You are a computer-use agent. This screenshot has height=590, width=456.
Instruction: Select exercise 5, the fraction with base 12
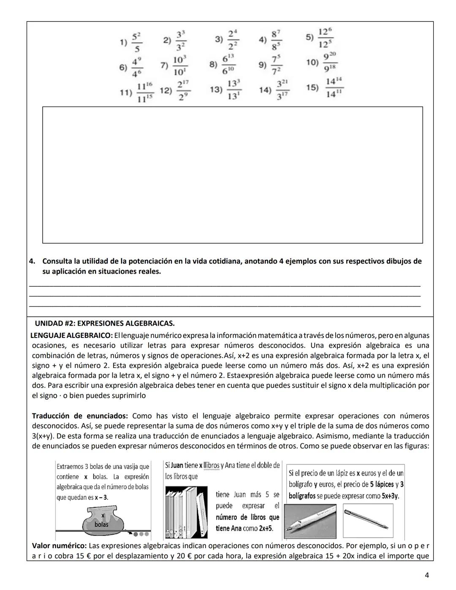[325, 38]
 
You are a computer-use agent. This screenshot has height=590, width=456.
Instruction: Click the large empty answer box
[232, 174]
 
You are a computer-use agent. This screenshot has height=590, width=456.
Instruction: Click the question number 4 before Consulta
[32, 261]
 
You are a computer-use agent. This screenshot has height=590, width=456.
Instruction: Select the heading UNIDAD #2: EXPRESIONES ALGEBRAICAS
[104, 324]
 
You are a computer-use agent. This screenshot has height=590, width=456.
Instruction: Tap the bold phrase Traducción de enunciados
[80, 416]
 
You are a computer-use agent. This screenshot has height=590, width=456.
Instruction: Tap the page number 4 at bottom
[427, 575]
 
